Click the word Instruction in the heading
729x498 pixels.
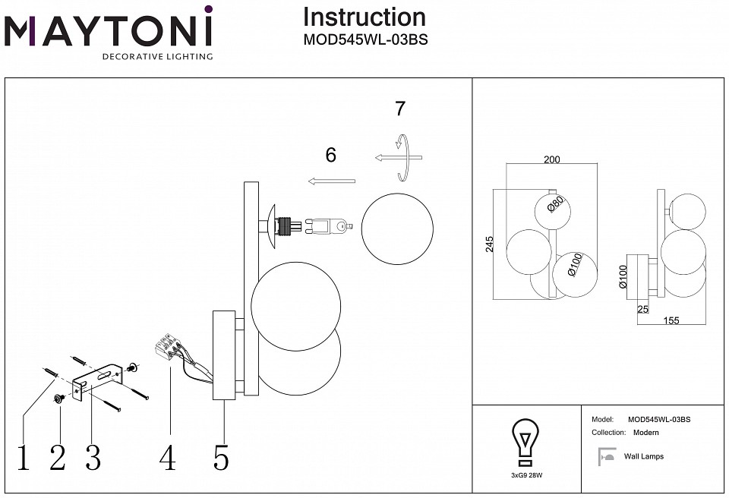tap(364, 17)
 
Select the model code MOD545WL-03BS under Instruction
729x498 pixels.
tap(364, 41)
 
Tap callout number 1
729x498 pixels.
tap(24, 458)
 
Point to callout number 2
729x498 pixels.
tap(58, 458)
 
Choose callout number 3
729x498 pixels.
tap(93, 458)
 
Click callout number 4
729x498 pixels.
tap(168, 458)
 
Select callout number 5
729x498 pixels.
tap(221, 458)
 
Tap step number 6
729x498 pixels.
tap(330, 155)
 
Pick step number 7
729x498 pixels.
tap(400, 109)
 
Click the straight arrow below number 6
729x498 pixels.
tap(332, 181)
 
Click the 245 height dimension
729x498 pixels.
tap(490, 244)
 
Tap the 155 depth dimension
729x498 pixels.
tap(671, 320)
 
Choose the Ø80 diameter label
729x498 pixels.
tap(555, 206)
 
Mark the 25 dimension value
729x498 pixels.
tap(643, 309)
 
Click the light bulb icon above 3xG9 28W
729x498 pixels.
tap(525, 443)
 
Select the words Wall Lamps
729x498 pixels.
tap(643, 456)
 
